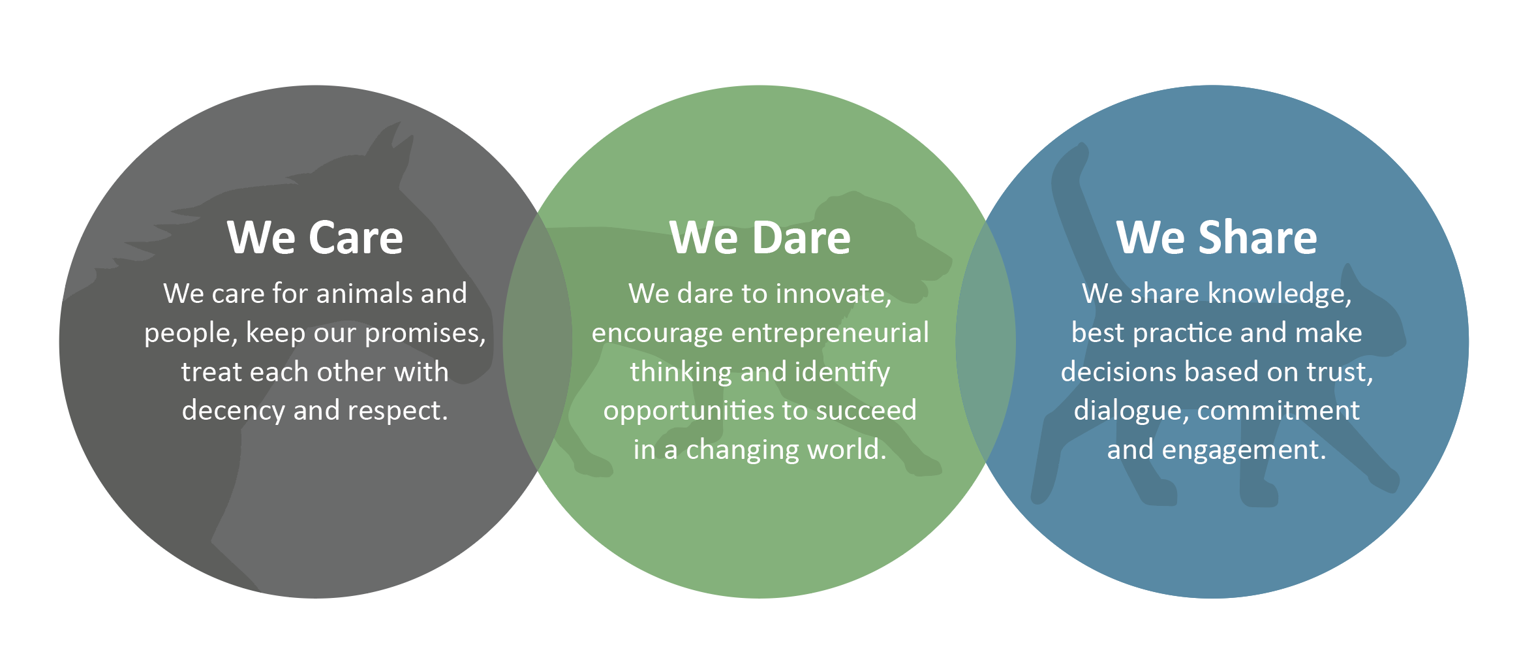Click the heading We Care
(315, 237)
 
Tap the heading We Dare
(760, 237)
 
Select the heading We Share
(1217, 237)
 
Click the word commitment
(1279, 411)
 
